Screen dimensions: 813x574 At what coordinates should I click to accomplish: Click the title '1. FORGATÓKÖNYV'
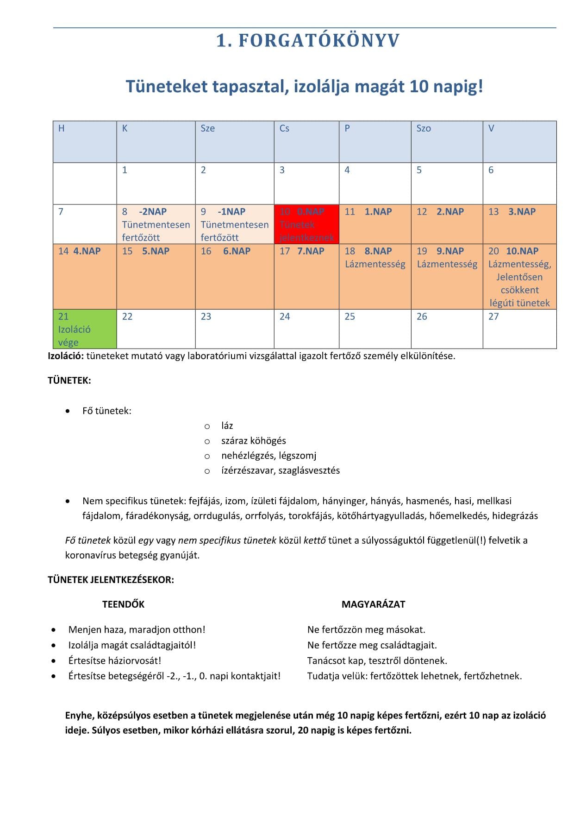click(x=308, y=41)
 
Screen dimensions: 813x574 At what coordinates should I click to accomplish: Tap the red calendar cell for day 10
click(x=306, y=224)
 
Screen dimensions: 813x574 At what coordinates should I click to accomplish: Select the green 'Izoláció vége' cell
click(x=85, y=329)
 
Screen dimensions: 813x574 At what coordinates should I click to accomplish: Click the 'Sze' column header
click(x=234, y=141)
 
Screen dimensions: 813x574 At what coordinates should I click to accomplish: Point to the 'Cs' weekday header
click(x=306, y=141)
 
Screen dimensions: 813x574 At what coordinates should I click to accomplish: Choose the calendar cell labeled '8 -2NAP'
click(x=156, y=224)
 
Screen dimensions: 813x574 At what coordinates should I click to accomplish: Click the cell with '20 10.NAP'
click(x=519, y=277)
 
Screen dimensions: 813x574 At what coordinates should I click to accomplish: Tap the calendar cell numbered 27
click(x=519, y=329)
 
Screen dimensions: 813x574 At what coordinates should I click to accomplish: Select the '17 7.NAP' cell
click(x=306, y=276)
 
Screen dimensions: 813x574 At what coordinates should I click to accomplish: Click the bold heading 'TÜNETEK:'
click(x=69, y=381)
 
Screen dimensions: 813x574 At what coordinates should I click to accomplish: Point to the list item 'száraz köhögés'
click(x=253, y=440)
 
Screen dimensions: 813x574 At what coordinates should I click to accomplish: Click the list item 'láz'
click(x=227, y=426)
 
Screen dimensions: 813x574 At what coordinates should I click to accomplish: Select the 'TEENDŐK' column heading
click(x=124, y=604)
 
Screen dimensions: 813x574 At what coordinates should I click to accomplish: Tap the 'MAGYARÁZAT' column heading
click(x=373, y=604)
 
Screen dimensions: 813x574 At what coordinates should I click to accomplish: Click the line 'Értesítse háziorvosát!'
click(x=115, y=661)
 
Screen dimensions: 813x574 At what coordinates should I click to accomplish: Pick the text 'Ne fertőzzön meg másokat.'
click(x=366, y=629)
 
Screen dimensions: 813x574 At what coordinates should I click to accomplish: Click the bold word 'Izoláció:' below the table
click(x=66, y=356)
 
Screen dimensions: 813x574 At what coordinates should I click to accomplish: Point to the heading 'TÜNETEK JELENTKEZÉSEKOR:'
click(x=111, y=580)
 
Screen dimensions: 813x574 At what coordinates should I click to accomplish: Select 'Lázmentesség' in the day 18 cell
click(x=375, y=264)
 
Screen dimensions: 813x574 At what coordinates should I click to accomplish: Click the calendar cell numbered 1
click(x=156, y=183)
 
